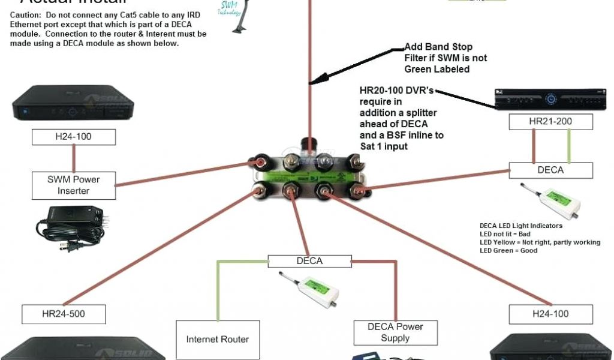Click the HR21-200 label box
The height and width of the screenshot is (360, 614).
[550, 122]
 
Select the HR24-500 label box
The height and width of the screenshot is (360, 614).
[64, 314]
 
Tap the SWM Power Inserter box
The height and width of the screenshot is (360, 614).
[73, 185]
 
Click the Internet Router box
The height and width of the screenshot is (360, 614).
[217, 339]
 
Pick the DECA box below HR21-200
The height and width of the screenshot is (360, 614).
[550, 170]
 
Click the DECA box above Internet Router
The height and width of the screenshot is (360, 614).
[309, 261]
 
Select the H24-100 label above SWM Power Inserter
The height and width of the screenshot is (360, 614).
[73, 137]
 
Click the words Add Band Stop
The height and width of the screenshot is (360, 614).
[438, 47]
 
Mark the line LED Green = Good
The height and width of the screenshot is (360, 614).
[508, 250]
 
